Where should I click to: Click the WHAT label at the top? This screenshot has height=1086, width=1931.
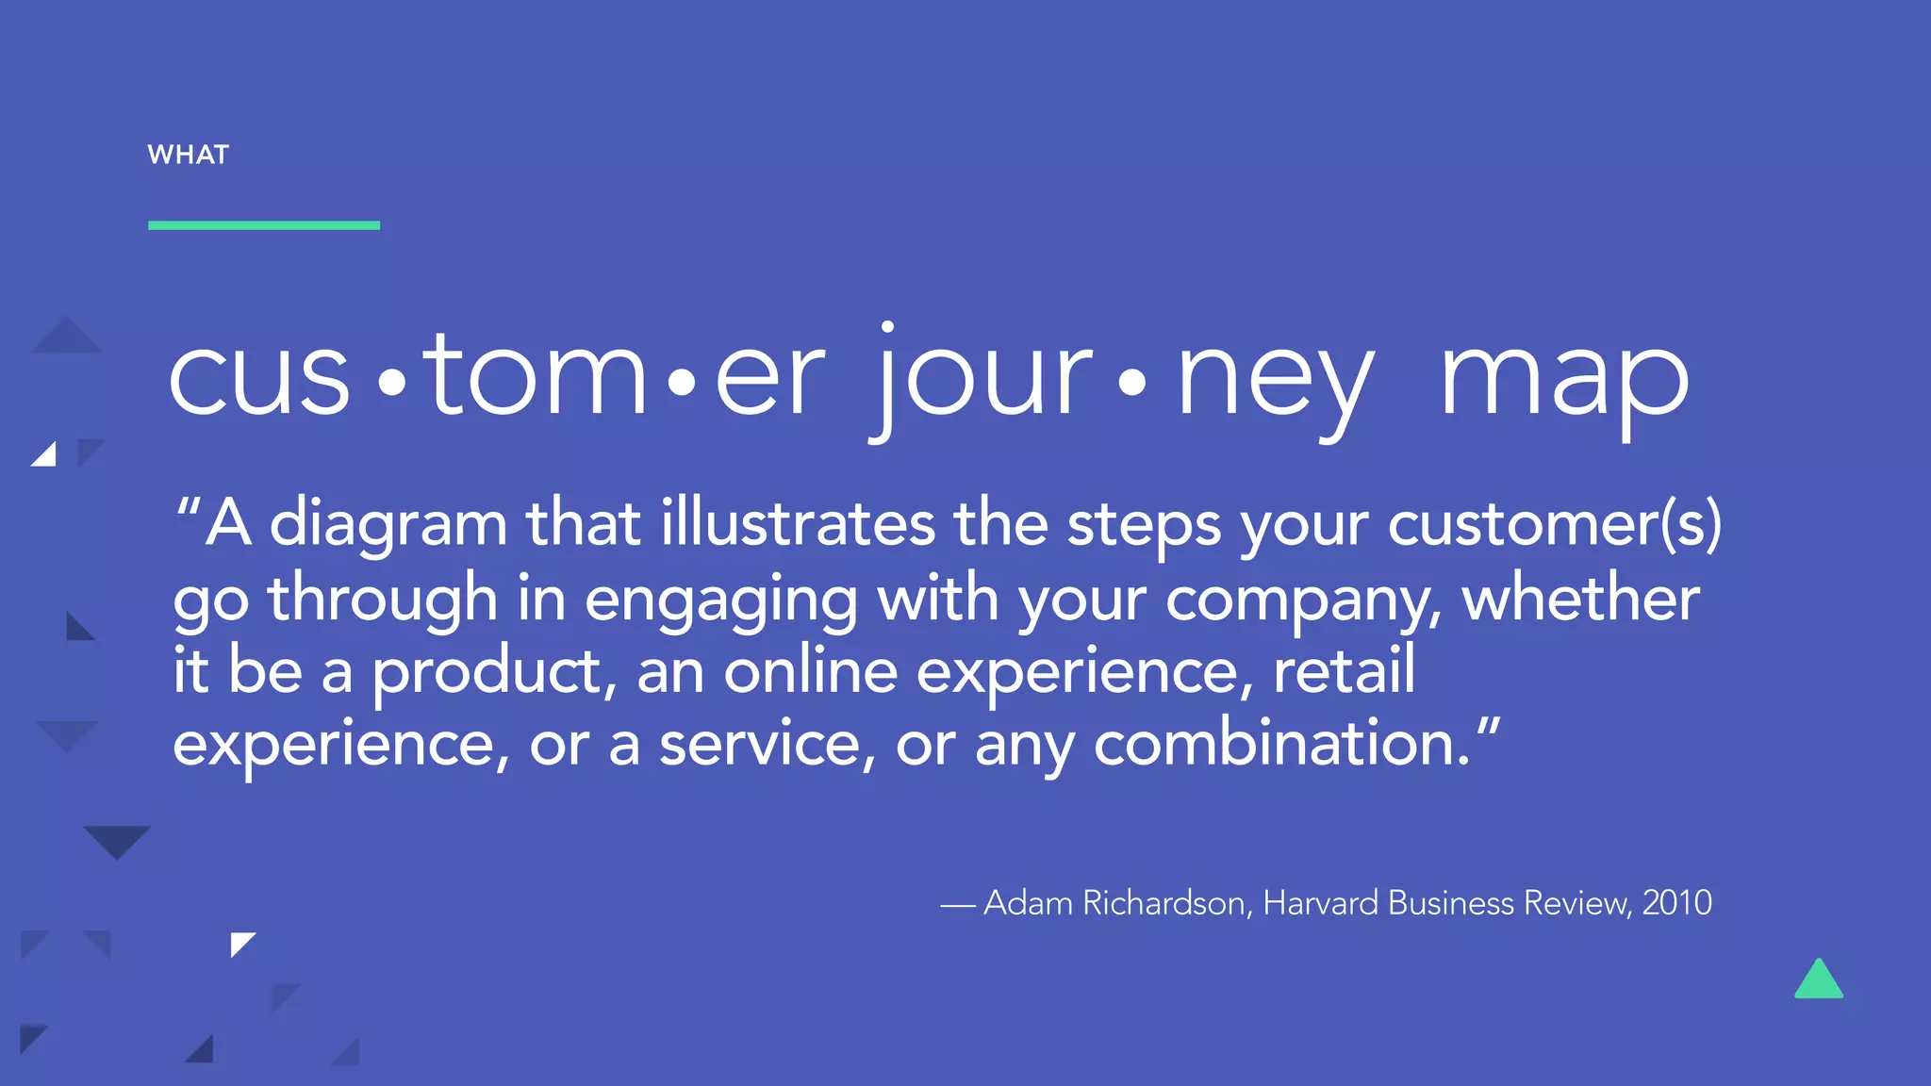[x=189, y=155]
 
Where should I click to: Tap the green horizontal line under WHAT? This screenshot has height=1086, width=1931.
[x=264, y=225]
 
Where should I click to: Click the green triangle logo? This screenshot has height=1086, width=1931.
[x=1819, y=980]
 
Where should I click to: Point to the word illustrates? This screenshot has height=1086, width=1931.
[x=798, y=523]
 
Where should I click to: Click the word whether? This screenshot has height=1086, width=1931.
[x=1581, y=598]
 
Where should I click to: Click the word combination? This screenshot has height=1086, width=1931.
[x=1280, y=744]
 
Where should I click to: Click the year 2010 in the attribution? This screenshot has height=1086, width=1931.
[x=1676, y=903]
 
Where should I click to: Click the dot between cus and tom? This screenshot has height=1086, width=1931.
[x=391, y=383]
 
